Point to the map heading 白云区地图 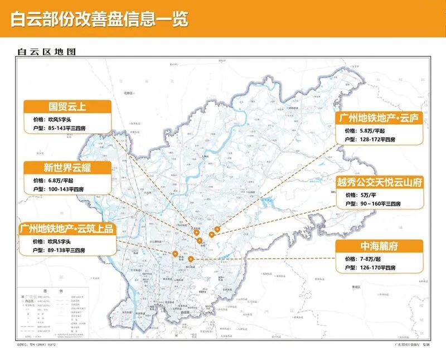(47, 52)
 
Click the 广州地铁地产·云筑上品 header (66, 228)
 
